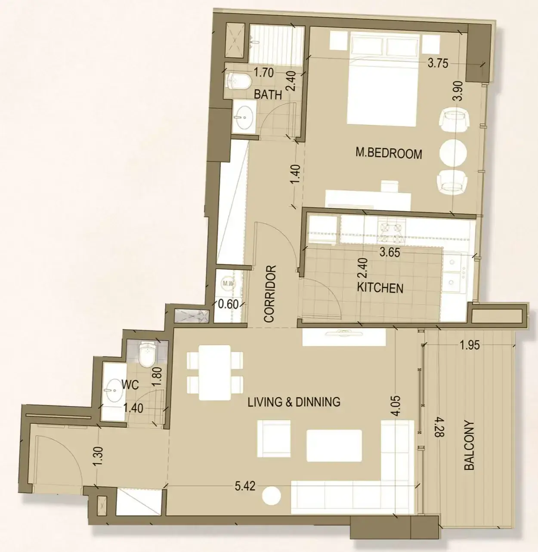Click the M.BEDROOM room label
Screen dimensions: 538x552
(x=389, y=154)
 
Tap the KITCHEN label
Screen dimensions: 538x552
(x=380, y=288)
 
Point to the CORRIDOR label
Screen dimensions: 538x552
(x=270, y=293)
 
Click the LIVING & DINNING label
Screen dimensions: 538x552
(x=294, y=402)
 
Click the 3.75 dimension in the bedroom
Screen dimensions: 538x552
(x=438, y=64)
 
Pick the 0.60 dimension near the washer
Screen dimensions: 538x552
(x=228, y=304)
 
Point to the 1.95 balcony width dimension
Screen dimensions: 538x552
(x=470, y=345)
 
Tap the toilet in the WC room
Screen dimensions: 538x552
(x=147, y=354)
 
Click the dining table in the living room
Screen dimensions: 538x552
(x=214, y=373)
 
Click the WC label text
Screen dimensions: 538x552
(x=130, y=385)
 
